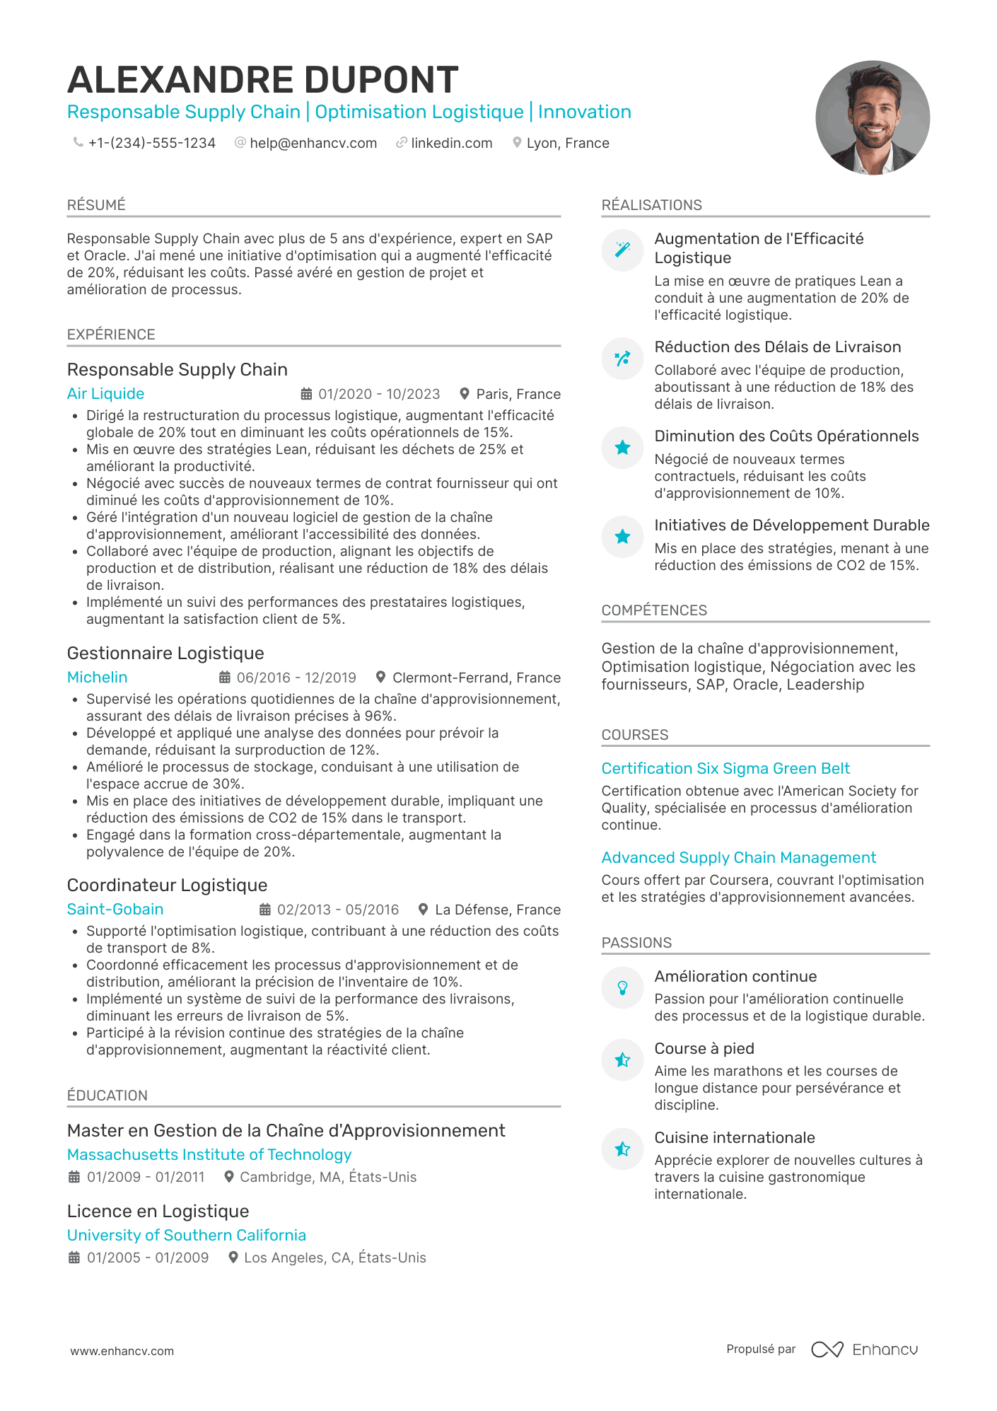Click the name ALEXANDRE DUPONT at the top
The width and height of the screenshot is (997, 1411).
262,80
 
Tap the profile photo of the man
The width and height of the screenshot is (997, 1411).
872,117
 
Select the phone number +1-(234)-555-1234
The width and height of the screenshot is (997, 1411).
151,144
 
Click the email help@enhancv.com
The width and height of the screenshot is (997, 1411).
313,144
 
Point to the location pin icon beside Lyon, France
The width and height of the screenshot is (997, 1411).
517,143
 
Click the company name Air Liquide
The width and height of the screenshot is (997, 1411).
105,394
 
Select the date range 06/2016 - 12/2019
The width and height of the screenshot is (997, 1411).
296,678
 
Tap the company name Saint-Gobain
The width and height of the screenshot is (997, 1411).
115,910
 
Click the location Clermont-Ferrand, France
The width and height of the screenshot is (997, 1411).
476,678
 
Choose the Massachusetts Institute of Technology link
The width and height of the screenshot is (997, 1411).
209,1154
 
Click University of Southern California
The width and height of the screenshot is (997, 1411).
186,1235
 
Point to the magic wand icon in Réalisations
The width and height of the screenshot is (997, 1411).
622,250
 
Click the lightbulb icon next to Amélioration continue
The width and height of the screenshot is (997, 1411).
622,987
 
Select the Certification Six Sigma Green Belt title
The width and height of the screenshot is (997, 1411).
725,769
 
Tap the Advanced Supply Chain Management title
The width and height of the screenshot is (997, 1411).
738,858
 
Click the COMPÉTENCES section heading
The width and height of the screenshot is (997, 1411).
653,610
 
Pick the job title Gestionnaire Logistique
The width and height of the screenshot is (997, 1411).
165,654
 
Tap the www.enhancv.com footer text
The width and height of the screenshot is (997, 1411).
122,1351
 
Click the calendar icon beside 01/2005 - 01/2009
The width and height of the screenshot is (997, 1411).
74,1258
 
